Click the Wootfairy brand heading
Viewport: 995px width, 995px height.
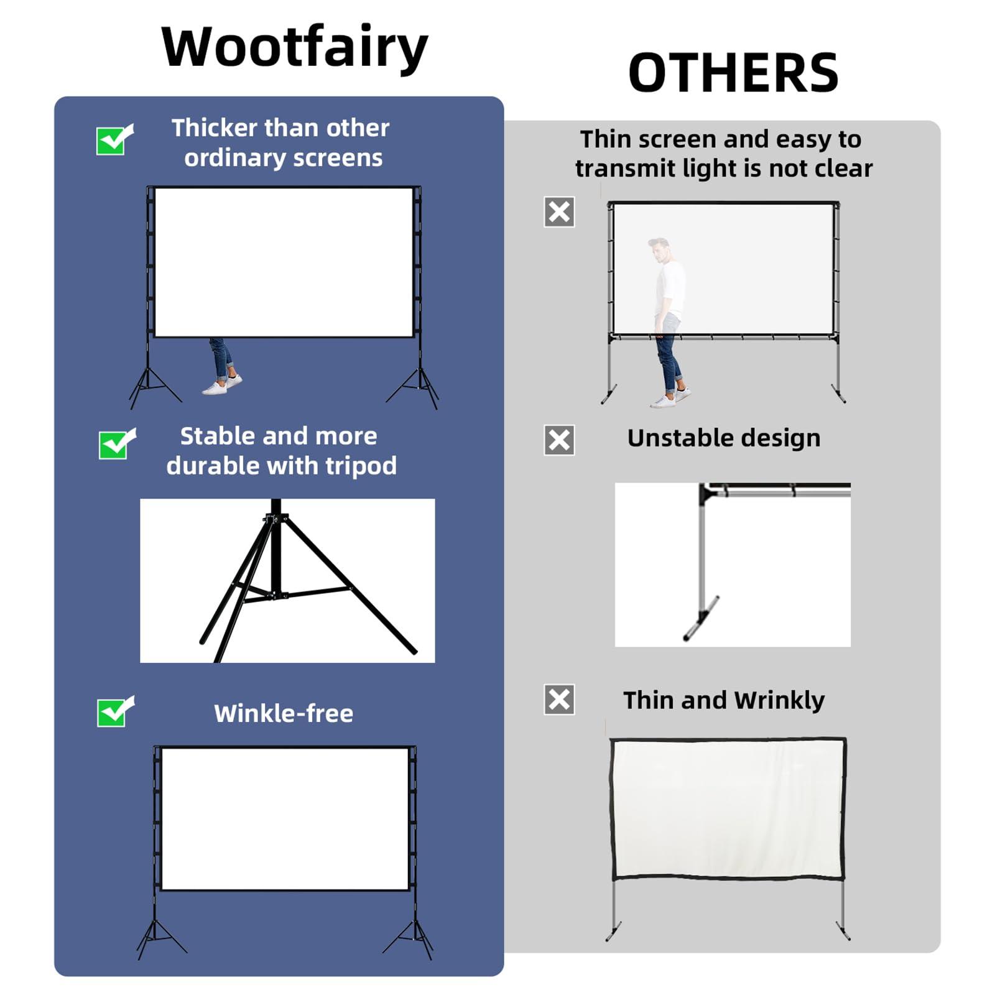click(294, 47)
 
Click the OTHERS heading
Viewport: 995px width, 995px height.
click(733, 73)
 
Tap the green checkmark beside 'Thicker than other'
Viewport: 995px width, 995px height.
click(113, 140)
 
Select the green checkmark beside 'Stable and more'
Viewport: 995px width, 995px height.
click(116, 444)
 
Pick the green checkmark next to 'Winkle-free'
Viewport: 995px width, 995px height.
click(114, 712)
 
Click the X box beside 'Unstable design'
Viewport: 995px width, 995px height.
click(559, 440)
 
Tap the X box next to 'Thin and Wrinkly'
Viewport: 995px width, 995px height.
click(559, 700)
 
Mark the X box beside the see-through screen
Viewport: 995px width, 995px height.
click(559, 212)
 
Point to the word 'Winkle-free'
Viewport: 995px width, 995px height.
click(284, 713)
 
